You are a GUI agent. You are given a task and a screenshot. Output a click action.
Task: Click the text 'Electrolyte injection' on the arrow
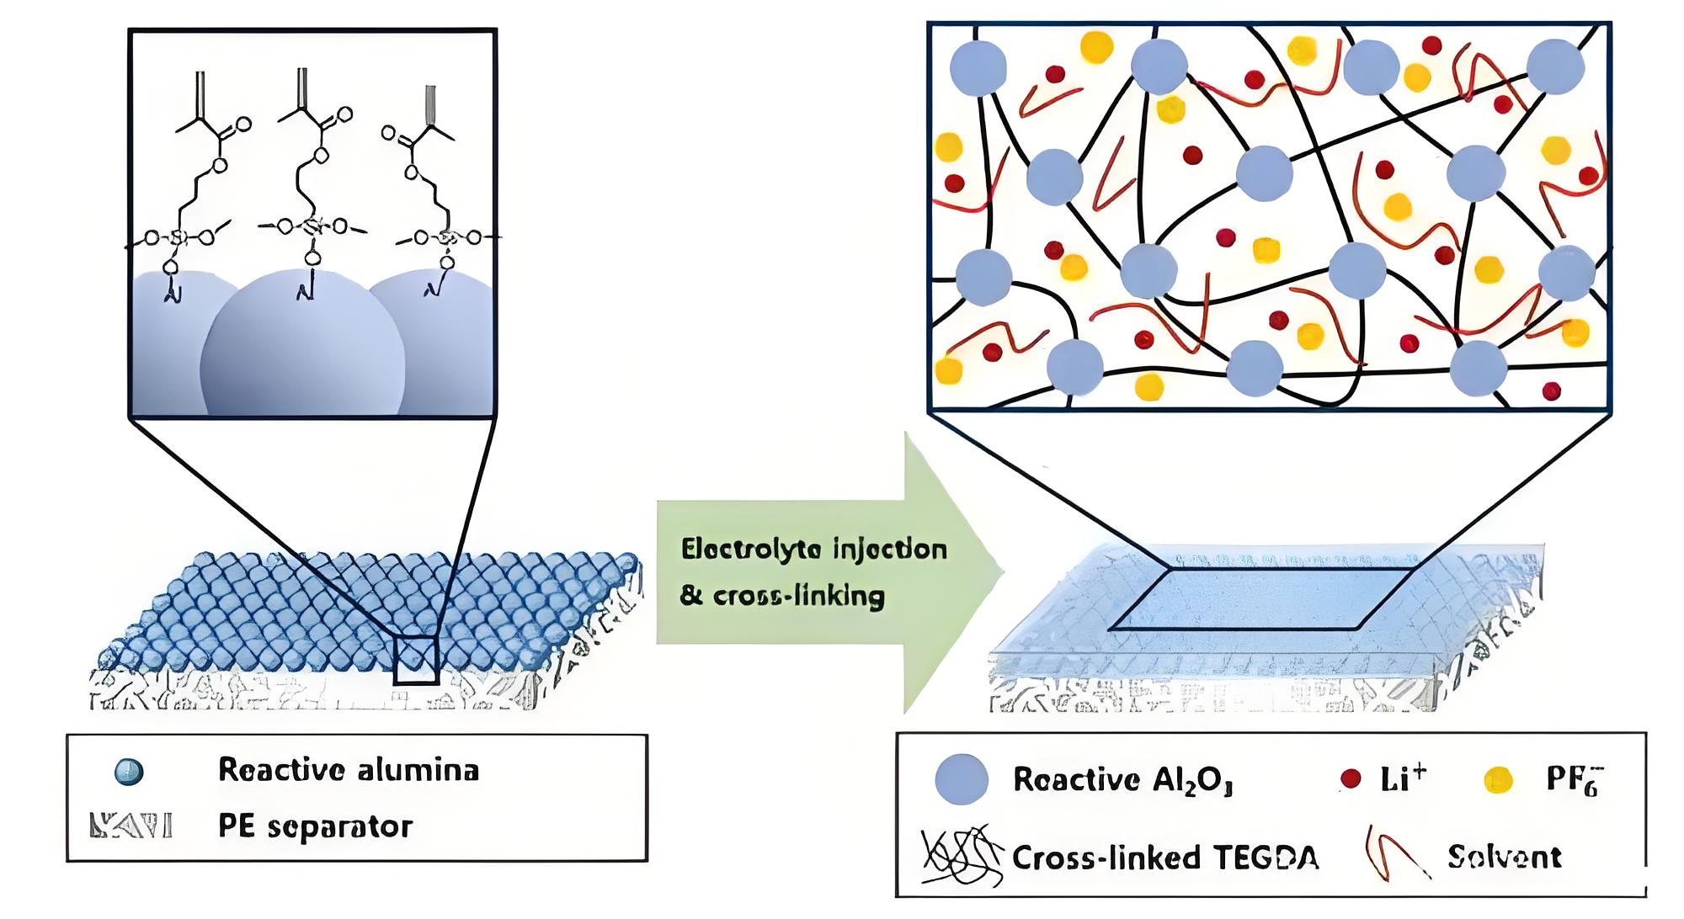813,550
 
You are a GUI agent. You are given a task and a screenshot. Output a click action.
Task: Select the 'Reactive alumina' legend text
348,769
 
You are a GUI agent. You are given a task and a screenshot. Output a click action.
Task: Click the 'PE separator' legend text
315,826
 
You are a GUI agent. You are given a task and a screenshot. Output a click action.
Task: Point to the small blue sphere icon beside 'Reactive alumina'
129,772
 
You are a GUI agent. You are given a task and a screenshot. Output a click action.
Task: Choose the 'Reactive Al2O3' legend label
1122,779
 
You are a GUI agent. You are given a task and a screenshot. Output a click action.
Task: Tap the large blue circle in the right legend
962,779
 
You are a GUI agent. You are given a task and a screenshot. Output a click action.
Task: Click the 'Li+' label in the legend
1403,778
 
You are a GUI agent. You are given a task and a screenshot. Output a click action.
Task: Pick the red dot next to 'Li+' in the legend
1351,779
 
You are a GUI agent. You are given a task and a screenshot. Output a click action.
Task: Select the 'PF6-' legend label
1573,781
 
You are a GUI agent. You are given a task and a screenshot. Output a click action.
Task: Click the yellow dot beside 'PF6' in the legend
1498,781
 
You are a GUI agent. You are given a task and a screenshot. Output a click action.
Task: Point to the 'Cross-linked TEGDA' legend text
1164,858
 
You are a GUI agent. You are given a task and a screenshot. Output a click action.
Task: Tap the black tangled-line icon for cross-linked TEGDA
962,856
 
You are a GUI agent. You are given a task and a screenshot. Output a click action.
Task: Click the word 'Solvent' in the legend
1504,857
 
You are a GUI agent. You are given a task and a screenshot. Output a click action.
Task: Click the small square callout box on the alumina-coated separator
415,660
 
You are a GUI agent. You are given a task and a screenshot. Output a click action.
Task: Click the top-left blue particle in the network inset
978,67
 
